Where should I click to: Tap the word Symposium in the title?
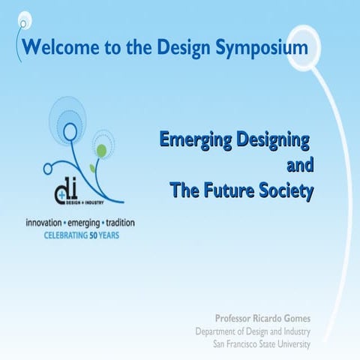pyautogui.click(x=261, y=48)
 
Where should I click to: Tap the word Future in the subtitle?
pyautogui.click(x=229, y=190)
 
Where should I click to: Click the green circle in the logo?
pyautogui.click(x=100, y=151)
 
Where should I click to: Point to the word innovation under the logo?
pyautogui.click(x=45, y=223)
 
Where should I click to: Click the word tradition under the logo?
pyautogui.click(x=116, y=223)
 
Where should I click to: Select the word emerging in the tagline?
pyautogui.click(x=80, y=223)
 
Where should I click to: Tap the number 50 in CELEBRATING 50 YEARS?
pyautogui.click(x=95, y=235)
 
